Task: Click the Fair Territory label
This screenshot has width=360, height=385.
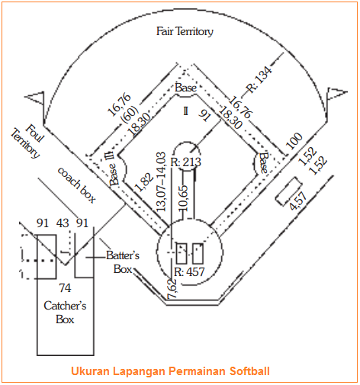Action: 185,31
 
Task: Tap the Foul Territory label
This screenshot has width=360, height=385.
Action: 27,141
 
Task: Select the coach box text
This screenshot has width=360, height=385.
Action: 77,184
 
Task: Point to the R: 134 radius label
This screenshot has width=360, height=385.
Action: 259,80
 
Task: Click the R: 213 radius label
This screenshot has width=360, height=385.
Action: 186,162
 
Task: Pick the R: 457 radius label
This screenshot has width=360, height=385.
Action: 189,272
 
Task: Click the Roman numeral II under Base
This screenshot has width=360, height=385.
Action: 186,111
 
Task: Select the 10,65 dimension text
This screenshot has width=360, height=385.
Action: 184,198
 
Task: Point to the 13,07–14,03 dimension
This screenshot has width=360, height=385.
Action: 161,181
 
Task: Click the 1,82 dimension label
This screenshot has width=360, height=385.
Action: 144,182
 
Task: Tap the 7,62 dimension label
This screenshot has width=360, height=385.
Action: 172,289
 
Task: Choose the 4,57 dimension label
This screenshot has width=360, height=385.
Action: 298,201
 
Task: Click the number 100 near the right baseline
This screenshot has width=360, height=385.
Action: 294,141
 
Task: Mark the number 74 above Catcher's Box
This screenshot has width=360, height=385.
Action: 65,288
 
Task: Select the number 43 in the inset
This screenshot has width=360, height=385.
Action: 63,223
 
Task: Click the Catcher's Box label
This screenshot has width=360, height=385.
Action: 65,313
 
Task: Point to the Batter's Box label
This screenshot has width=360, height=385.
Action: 123,262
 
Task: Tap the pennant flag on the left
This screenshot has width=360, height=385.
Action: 34,98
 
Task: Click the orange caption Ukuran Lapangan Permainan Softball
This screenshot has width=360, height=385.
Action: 170,371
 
